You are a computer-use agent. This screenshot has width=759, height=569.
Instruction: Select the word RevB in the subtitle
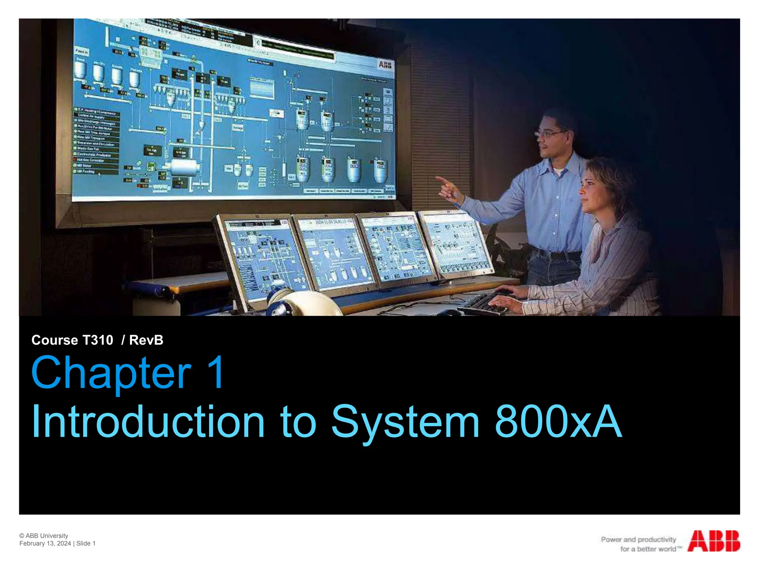(146, 340)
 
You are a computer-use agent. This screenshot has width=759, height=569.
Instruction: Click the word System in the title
(405, 422)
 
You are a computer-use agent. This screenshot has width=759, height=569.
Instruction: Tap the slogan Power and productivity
(638, 539)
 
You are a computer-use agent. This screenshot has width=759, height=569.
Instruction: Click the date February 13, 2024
(45, 543)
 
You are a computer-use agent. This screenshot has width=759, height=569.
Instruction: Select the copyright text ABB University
(47, 536)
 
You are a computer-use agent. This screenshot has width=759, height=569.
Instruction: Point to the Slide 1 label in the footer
(86, 543)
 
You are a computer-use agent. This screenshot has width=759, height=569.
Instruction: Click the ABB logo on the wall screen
(385, 65)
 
